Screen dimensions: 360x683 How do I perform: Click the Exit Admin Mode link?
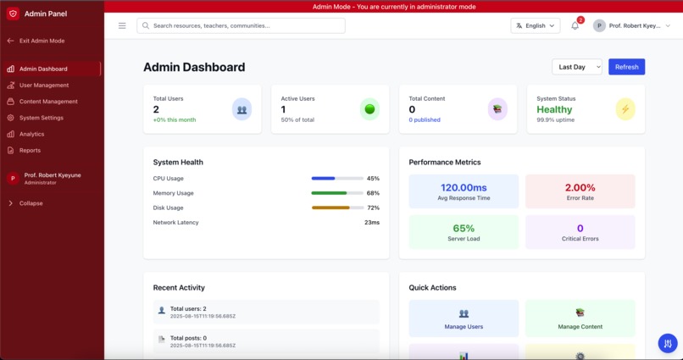[x=42, y=41]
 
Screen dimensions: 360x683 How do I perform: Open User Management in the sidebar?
[x=44, y=86]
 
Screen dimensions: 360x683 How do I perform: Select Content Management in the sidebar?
[x=48, y=102]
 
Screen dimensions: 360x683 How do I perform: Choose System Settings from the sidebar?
[x=41, y=118]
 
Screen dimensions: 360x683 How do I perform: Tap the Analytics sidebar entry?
[x=31, y=134]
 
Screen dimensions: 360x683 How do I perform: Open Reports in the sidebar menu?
[x=30, y=150]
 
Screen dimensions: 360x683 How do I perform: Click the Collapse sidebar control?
[x=31, y=203]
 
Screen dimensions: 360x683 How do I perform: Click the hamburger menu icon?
[x=122, y=25]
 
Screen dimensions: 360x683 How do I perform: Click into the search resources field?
[x=242, y=25]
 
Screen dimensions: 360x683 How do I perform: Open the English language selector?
[x=535, y=25]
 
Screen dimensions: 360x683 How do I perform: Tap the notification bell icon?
[x=575, y=26]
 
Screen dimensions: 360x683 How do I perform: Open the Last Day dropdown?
[x=576, y=67]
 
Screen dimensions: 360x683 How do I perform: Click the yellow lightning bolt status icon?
[x=625, y=109]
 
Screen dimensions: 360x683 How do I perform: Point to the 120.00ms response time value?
[x=464, y=187]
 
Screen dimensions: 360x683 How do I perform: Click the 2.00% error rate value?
[x=580, y=187]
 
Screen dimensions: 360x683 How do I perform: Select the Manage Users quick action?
[x=464, y=318]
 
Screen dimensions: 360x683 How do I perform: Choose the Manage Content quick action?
[x=580, y=318]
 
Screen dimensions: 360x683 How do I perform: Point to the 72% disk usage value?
[x=373, y=208]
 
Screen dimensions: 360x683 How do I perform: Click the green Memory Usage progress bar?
[x=337, y=193]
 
